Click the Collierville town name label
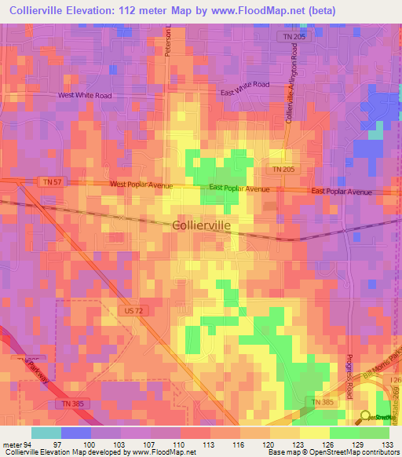tap(201, 225)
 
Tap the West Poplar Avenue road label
tap(142, 185)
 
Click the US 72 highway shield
tap(133, 311)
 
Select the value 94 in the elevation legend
tap(31, 444)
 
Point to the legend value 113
tap(210, 444)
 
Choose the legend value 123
tap(300, 444)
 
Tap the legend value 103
tap(121, 444)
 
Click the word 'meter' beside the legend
tap(12, 444)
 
